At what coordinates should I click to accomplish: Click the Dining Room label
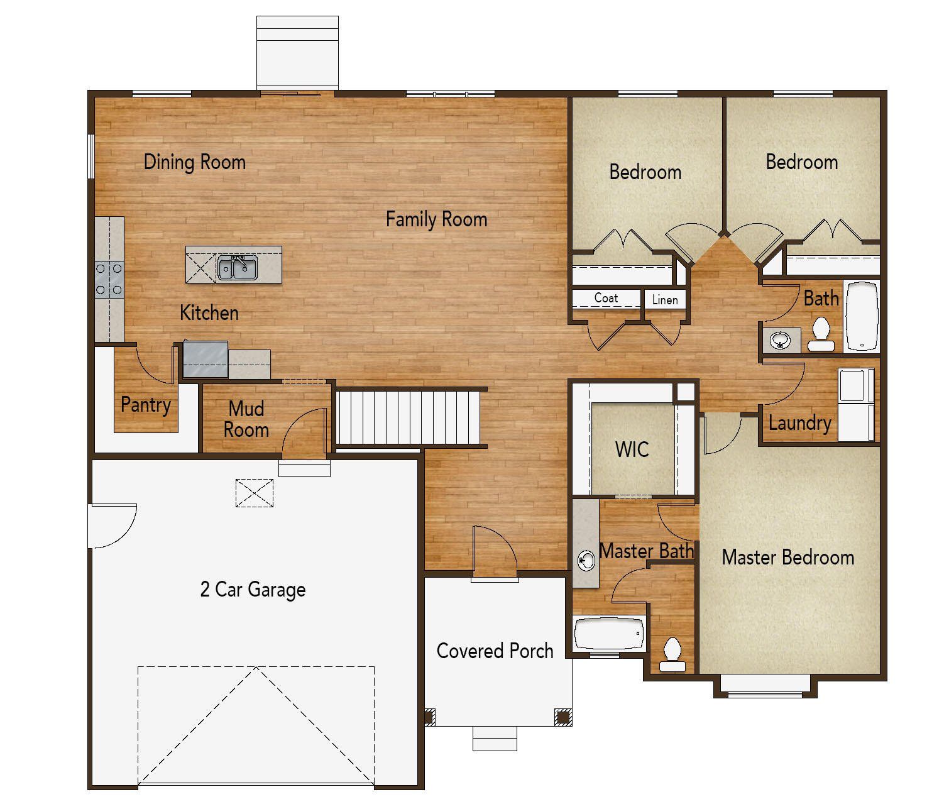194,162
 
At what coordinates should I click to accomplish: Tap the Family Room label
436,219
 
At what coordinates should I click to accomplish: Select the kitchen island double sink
237,268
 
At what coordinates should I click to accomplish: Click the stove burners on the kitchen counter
109,279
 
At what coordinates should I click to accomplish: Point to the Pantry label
145,404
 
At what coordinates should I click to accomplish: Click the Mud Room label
246,419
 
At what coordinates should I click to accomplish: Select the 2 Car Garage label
253,590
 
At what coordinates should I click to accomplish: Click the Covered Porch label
495,651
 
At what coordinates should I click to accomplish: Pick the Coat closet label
606,298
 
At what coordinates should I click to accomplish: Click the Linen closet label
664,300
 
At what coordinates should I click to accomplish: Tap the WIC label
632,449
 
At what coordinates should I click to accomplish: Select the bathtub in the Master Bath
609,634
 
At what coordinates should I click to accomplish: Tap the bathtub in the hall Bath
862,316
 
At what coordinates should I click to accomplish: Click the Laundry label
799,423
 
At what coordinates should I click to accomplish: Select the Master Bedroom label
787,558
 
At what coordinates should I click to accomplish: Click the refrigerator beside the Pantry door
205,360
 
